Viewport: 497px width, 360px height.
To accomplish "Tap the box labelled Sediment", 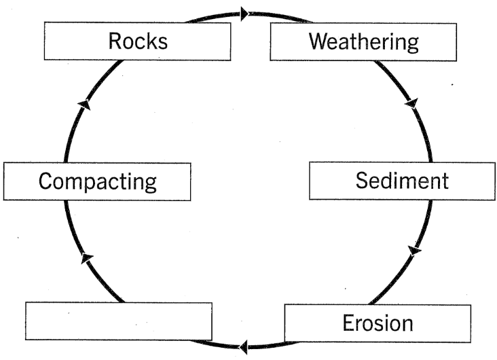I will coord(402,181).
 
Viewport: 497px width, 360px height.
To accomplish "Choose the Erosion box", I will coord(377,322).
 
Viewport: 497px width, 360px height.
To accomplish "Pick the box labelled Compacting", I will coord(97,181).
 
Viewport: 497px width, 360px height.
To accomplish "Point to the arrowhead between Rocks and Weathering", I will coord(244,12).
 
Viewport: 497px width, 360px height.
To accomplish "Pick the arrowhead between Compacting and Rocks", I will coord(84,103).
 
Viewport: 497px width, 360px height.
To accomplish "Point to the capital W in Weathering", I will coord(318,41).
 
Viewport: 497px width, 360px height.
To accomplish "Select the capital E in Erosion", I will coord(348,323).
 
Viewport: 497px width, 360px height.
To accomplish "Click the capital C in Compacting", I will coord(45,181).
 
